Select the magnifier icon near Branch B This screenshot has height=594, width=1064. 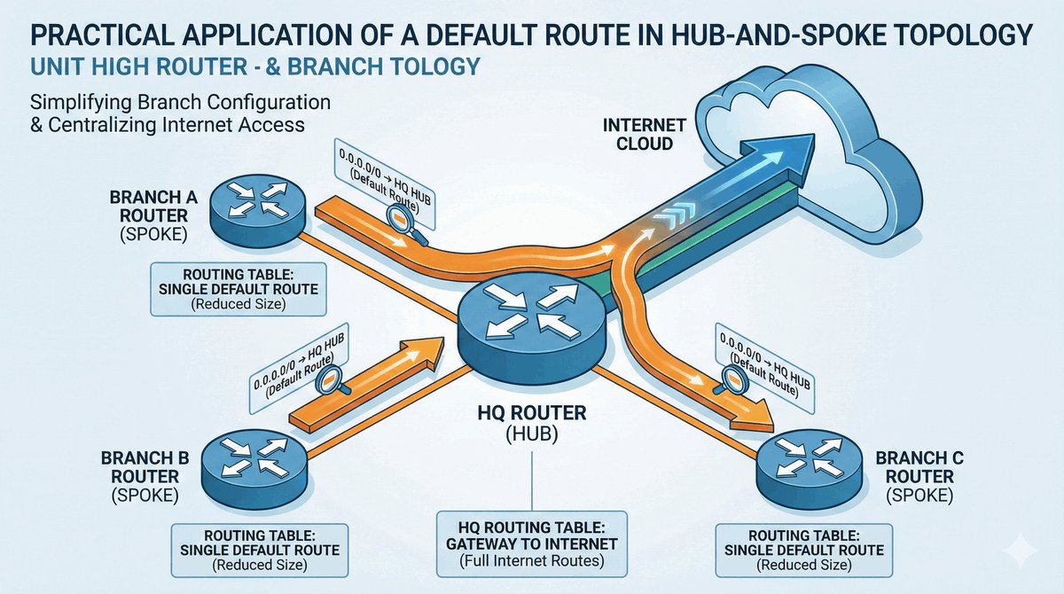coord(327,380)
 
